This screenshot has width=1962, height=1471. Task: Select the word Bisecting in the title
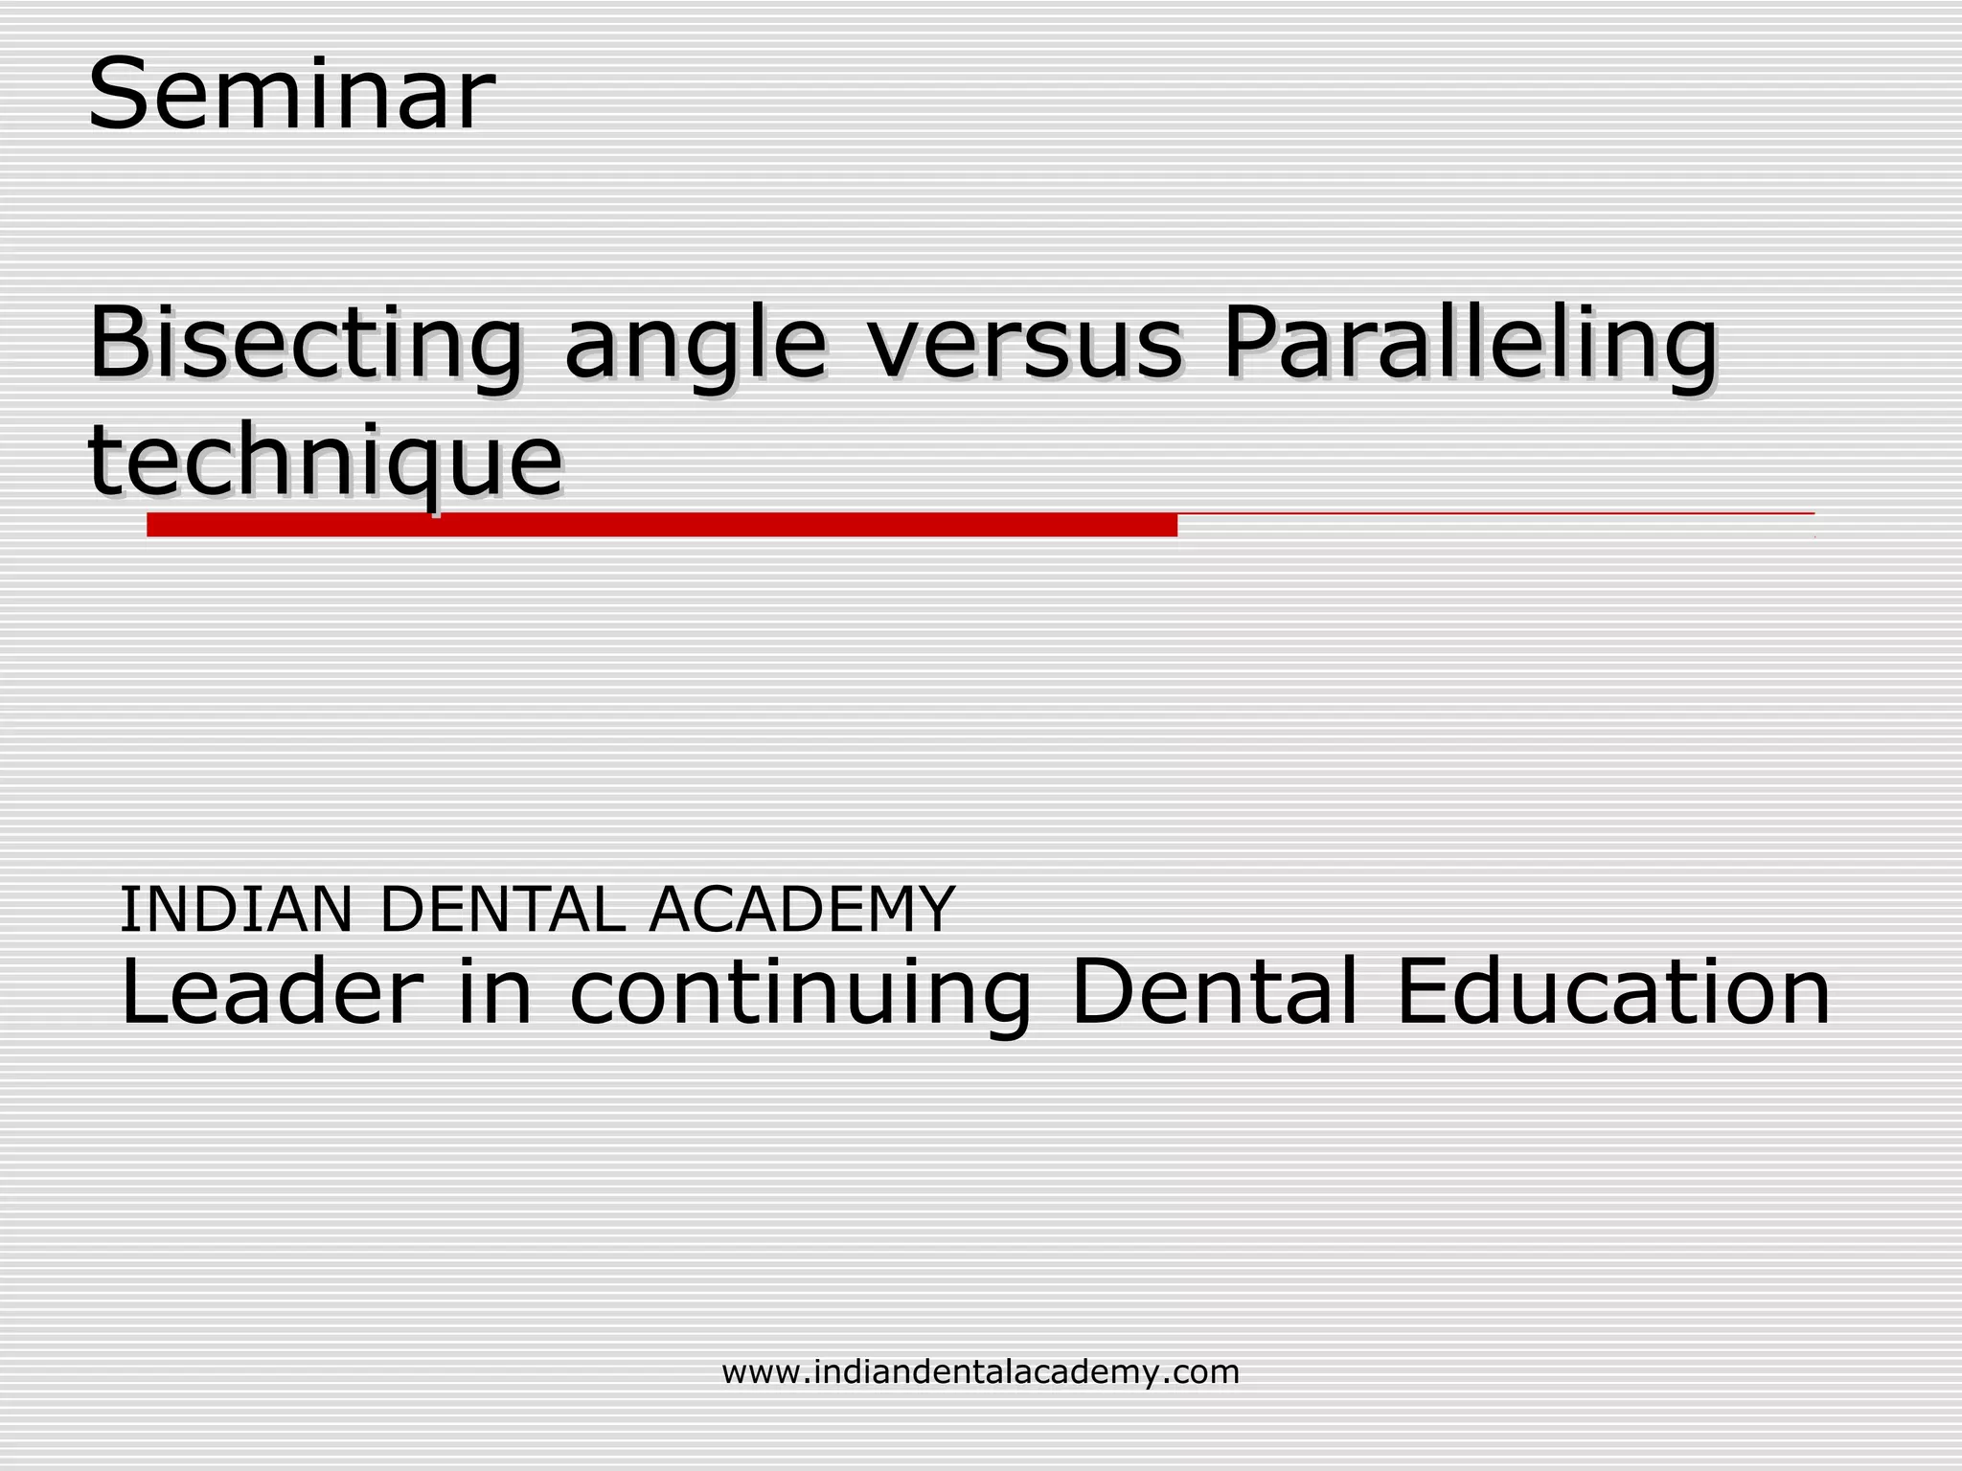306,345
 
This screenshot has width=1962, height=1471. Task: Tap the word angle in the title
696,345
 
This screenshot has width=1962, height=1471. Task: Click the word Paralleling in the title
1471,345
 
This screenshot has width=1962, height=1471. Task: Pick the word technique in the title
326,462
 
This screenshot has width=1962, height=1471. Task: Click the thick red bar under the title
661,525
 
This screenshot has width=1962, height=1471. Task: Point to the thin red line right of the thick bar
1494,514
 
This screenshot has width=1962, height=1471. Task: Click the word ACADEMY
802,909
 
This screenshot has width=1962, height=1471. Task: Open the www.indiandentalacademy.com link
980,1371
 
